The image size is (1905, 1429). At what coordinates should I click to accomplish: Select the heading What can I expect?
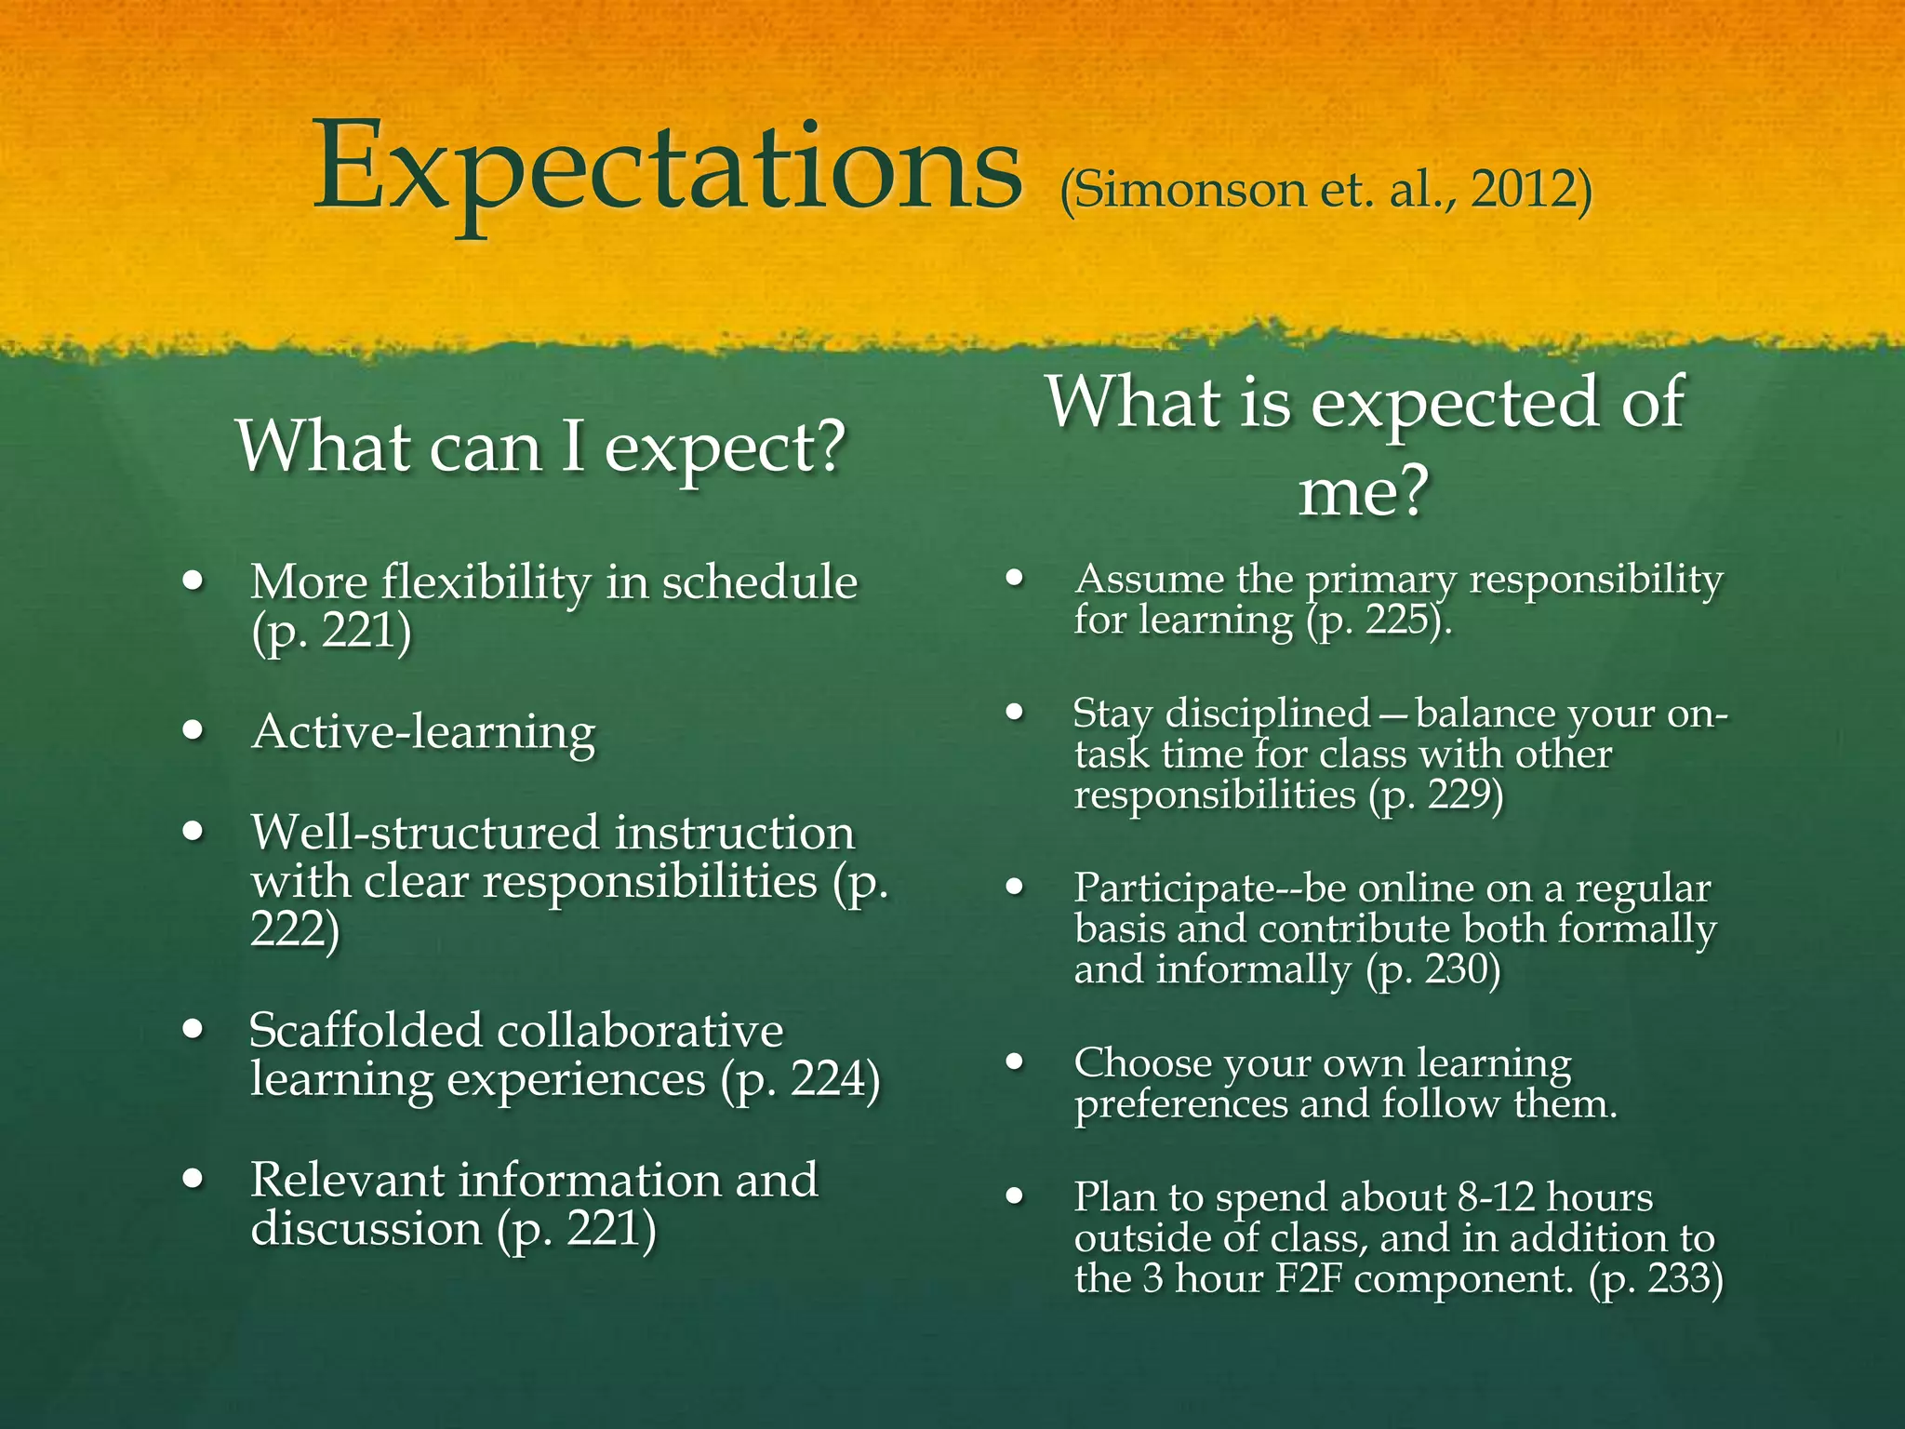click(541, 447)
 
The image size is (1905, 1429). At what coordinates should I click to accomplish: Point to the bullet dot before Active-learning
click(193, 730)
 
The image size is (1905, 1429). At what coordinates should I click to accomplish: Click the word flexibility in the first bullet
click(486, 583)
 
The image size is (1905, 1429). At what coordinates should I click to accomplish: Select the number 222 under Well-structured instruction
click(288, 928)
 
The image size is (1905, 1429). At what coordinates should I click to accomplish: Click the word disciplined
click(1268, 714)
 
